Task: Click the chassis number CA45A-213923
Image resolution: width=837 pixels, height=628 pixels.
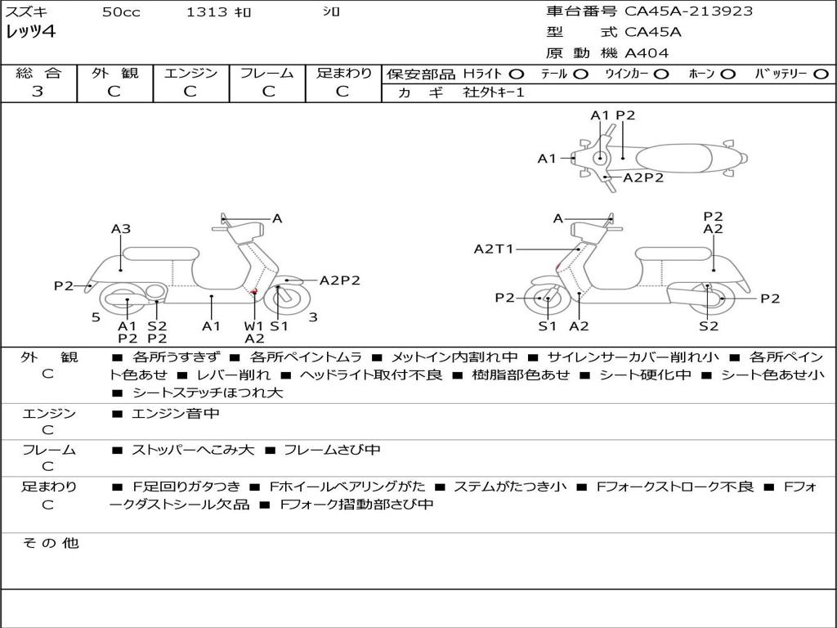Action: (688, 11)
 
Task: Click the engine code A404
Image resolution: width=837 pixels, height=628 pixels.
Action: (647, 53)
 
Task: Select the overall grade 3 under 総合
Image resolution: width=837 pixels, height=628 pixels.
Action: (38, 92)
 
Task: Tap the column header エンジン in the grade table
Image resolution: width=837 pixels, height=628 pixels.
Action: (190, 73)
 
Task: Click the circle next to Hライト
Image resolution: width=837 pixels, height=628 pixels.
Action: (517, 74)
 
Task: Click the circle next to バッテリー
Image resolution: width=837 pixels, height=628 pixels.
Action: (821, 74)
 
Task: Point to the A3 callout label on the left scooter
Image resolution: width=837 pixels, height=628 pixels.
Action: (121, 229)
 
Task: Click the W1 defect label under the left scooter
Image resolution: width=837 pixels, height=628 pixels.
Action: (253, 325)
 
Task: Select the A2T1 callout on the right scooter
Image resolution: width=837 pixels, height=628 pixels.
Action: (493, 249)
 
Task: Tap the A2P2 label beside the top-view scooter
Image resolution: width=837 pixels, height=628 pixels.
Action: (643, 177)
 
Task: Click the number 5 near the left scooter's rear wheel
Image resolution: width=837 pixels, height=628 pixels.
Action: (96, 318)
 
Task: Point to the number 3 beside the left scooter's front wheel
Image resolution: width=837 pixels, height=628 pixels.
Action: (313, 317)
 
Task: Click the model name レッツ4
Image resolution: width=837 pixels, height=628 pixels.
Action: (30, 32)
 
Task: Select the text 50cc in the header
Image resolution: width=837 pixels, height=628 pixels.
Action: (121, 11)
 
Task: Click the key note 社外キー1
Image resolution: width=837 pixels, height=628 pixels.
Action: (494, 92)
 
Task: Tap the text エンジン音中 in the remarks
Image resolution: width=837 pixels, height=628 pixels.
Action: (176, 413)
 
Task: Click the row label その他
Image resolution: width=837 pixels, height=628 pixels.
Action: (50, 543)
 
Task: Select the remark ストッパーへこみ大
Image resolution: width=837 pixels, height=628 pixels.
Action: (193, 451)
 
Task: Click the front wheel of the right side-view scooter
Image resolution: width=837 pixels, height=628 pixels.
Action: (544, 298)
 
